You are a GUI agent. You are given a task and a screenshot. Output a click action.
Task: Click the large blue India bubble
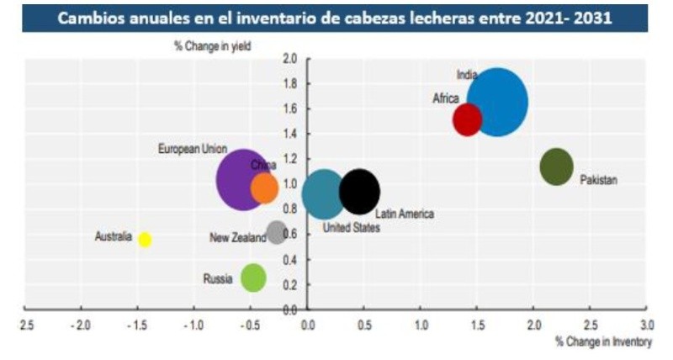point(498,102)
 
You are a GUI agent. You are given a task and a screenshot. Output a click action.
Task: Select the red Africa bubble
point(467,119)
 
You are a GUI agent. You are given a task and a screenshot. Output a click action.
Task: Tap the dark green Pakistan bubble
point(556,167)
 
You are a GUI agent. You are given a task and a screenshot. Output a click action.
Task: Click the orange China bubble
point(264,187)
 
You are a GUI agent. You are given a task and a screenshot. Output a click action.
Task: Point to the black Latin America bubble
point(360,192)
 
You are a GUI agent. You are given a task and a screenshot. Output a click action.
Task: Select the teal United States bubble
point(323,193)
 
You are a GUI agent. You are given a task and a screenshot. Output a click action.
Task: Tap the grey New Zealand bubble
point(276,232)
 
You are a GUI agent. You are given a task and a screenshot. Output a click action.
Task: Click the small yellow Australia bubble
point(145,240)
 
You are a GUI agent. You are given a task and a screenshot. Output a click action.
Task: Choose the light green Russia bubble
point(253,277)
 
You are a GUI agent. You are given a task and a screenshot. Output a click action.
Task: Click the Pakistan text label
point(599,180)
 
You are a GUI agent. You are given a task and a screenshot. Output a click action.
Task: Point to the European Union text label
point(193,149)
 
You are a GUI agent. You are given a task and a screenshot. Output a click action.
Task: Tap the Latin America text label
point(404,214)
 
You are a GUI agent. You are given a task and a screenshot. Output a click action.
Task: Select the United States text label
point(351,228)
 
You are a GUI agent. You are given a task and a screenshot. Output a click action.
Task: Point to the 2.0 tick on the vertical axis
point(290,59)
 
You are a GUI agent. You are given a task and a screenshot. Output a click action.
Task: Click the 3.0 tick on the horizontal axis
point(645,324)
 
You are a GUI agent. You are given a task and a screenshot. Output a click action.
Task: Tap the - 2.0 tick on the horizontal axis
point(80,324)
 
